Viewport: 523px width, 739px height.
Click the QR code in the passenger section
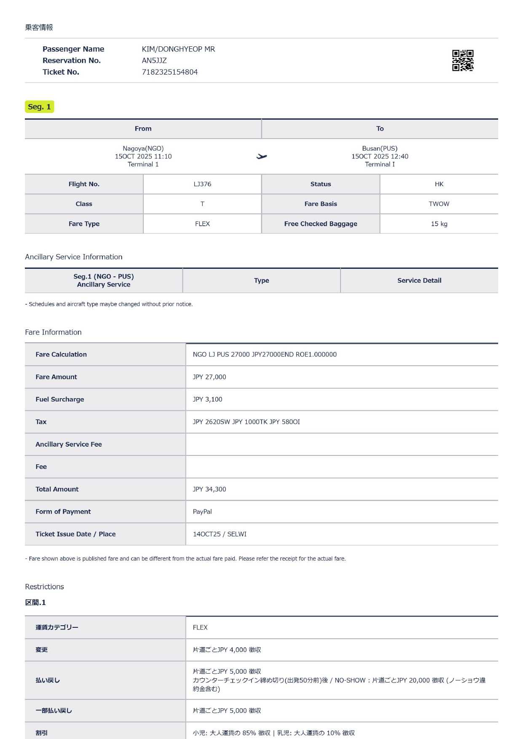462,60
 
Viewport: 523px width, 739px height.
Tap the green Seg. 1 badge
39,107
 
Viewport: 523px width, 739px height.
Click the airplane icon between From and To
261,156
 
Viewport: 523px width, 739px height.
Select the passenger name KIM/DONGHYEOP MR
178,49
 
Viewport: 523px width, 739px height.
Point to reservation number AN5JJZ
154,60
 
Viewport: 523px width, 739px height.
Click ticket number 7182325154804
169,72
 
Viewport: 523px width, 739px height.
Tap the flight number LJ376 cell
202,184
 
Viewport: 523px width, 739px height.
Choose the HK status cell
439,184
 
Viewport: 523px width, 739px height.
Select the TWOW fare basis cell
439,204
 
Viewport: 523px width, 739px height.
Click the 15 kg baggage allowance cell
439,224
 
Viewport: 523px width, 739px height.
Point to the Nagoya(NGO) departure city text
143,148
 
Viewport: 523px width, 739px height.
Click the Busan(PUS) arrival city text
379,148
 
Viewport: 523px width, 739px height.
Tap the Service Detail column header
419,281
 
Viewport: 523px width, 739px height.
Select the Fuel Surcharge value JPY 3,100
207,399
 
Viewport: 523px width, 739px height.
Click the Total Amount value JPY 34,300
209,489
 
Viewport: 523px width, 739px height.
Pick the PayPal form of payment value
202,511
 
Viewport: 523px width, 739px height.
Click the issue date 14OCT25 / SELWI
220,534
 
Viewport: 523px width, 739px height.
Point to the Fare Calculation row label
61,354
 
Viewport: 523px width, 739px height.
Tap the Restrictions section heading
44,586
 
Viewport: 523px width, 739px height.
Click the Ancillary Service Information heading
74,257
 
